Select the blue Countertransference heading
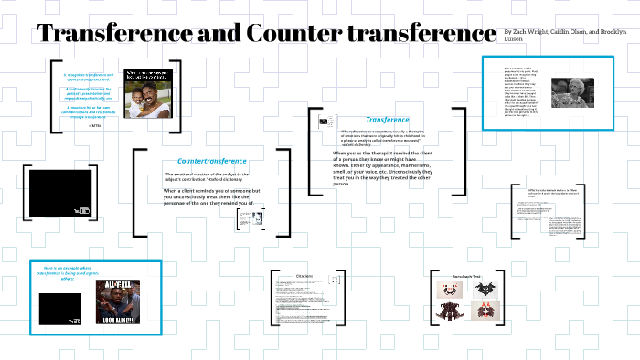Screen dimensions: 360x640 coord(211,161)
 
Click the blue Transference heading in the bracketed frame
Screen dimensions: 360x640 coord(387,120)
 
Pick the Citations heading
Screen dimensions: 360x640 coord(304,275)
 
